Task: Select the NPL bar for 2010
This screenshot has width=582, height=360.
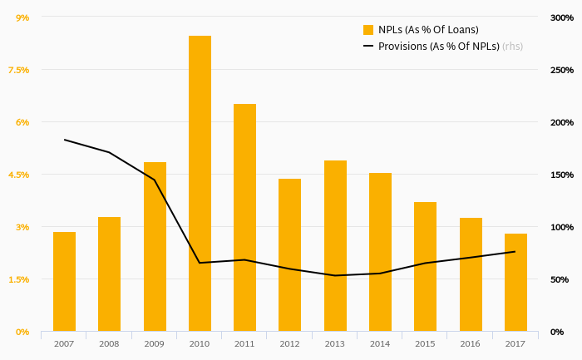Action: tap(200, 183)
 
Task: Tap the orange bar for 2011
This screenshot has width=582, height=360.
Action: tap(244, 217)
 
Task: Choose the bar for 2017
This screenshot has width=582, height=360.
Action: tap(515, 282)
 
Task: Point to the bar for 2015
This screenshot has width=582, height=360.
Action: tap(425, 266)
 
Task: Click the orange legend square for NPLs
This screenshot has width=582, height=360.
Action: tap(368, 30)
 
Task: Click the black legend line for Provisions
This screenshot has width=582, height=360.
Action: tap(368, 47)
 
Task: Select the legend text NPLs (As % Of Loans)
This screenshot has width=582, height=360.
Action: tap(428, 30)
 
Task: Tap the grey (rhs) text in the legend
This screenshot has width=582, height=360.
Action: tap(513, 47)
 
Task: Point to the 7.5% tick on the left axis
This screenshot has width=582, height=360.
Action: tap(18, 70)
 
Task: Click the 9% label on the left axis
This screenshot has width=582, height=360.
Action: tap(22, 17)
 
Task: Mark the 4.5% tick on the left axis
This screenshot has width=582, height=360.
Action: tap(18, 175)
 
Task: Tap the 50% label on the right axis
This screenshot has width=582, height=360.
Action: tap(560, 279)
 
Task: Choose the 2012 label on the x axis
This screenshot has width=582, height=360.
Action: tap(289, 343)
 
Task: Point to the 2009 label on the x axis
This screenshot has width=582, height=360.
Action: tap(154, 343)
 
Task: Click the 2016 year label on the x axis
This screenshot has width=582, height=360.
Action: tap(470, 343)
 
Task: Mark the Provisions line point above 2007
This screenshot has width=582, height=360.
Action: tap(64, 140)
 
